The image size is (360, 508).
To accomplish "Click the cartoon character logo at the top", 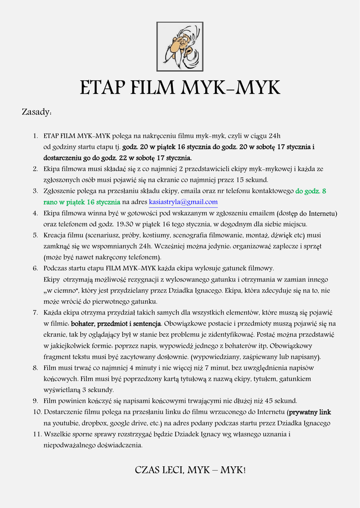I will (x=180, y=46).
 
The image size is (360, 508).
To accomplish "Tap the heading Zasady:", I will (x=37, y=112).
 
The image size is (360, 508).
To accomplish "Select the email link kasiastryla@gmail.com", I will (x=183, y=202).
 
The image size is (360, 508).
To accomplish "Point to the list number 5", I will (x=35, y=235).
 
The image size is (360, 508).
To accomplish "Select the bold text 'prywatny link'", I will (x=310, y=412).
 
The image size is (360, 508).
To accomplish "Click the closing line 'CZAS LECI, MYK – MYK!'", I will (x=190, y=470).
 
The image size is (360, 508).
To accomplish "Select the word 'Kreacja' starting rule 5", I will (x=55, y=235).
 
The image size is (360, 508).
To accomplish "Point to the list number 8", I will (x=35, y=368).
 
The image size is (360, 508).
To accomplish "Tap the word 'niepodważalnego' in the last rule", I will (x=69, y=445).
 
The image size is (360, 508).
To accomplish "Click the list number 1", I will (x=35, y=136).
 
